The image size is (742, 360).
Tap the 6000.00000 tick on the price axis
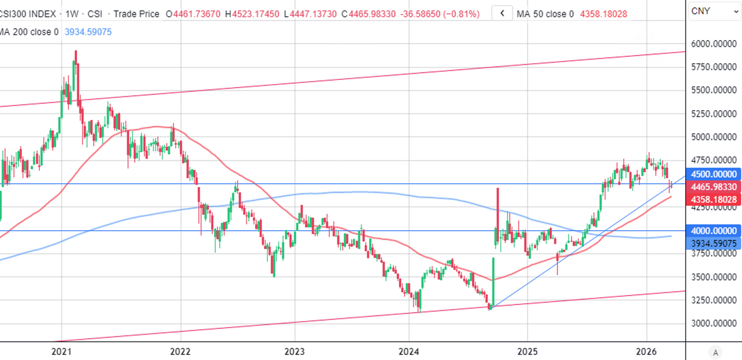tap(713, 43)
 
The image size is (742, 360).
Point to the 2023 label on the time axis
tap(294, 351)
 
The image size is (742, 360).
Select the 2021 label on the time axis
tap(61, 351)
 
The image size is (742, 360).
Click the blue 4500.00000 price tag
tap(713, 174)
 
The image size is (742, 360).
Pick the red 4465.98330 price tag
tap(713, 187)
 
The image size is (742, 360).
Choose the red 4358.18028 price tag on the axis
tap(713, 199)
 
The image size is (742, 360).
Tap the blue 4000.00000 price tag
tap(713, 230)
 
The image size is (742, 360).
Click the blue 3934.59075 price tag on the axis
tap(713, 243)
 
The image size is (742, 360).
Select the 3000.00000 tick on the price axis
tap(713, 323)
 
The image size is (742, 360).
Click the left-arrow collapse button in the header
tap(502, 13)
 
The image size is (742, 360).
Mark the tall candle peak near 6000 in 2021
tap(75, 52)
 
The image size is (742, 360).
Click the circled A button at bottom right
tap(716, 352)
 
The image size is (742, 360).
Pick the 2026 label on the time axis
tap(646, 351)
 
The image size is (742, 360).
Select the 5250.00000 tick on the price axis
tap(713, 114)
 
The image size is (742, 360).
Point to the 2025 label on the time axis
tap(527, 351)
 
